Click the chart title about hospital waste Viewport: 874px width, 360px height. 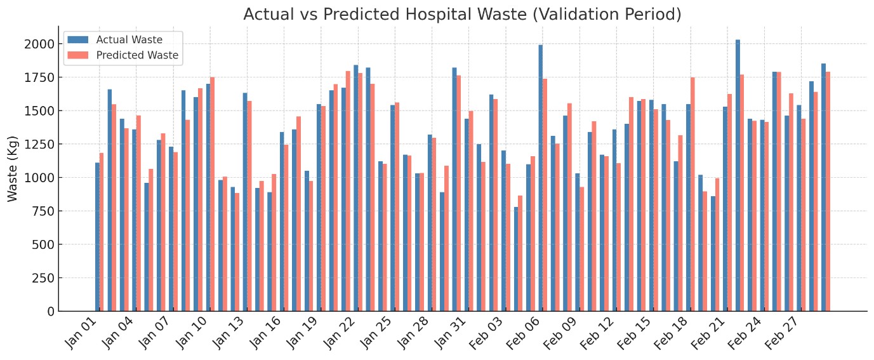pos(462,15)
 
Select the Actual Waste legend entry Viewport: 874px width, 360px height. pos(129,40)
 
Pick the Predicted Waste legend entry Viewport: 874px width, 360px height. pos(136,55)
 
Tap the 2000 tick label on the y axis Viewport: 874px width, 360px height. pos(39,44)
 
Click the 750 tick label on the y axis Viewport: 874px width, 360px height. pos(43,211)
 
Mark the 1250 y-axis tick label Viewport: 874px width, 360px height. pos(39,144)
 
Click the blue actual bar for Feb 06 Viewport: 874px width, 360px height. pos(541,178)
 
